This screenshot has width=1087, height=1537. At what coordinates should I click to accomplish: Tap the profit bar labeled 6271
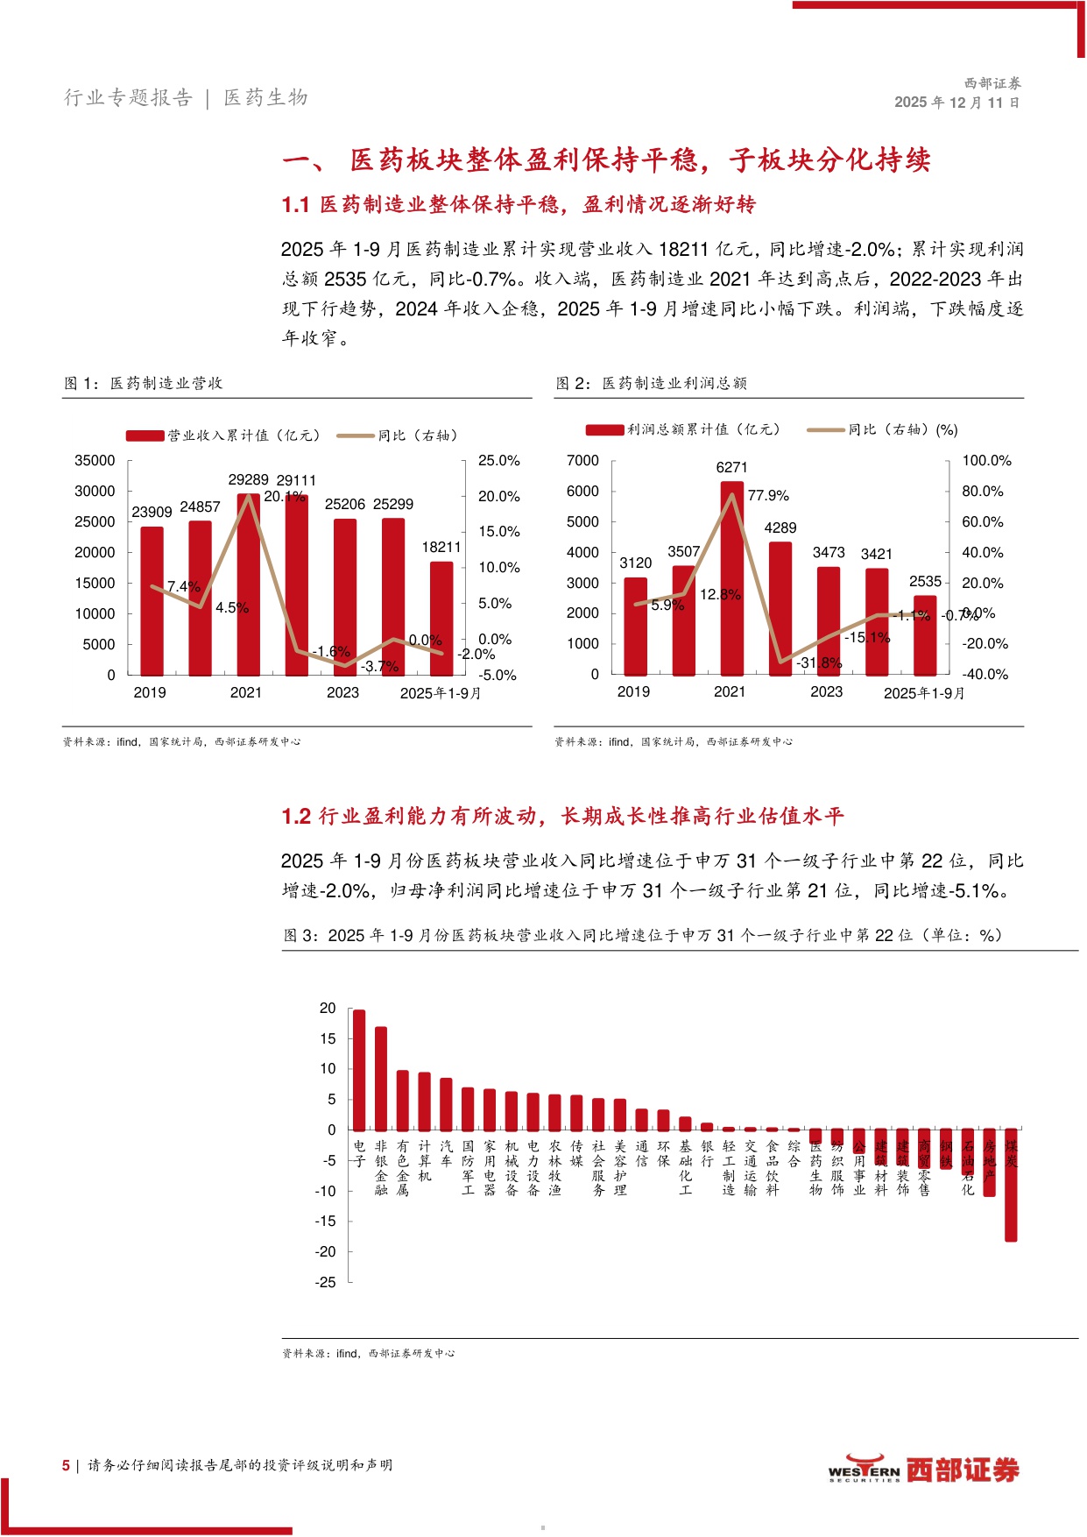click(x=731, y=578)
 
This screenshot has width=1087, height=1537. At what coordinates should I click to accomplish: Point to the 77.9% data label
click(x=768, y=496)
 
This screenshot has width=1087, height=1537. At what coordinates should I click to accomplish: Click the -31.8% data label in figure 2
click(x=819, y=663)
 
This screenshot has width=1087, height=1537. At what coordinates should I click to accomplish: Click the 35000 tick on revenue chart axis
click(x=95, y=461)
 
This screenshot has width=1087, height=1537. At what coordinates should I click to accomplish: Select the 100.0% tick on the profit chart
click(x=986, y=461)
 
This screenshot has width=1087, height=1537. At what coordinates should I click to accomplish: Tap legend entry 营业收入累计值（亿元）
click(x=224, y=436)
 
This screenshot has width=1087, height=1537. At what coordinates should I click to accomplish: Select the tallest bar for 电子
click(x=358, y=1069)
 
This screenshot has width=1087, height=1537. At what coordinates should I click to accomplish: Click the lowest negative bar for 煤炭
click(x=1011, y=1185)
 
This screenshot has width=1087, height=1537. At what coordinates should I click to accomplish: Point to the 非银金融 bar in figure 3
click(x=380, y=1078)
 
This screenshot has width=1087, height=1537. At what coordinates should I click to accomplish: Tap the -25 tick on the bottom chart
click(x=326, y=1282)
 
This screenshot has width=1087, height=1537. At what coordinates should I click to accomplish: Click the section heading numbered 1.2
click(x=562, y=817)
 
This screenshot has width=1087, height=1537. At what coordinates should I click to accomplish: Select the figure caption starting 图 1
click(x=144, y=384)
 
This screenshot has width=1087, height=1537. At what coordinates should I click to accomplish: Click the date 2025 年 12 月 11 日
click(x=956, y=103)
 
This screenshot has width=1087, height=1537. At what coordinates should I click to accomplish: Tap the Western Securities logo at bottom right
click(x=923, y=1470)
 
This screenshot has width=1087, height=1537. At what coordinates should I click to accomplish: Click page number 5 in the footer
click(x=66, y=1465)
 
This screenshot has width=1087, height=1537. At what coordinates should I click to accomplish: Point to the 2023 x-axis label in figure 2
click(x=826, y=692)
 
